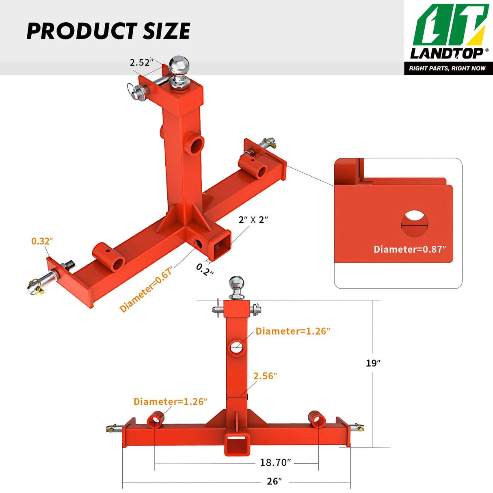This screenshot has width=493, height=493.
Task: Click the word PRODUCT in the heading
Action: [x=82, y=31]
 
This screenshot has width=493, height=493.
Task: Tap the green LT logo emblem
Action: [x=450, y=25]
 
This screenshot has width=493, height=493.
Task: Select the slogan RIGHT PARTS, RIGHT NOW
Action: [x=447, y=68]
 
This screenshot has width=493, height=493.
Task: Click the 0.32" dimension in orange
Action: [x=42, y=241]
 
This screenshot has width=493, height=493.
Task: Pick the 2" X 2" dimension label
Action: [x=253, y=220]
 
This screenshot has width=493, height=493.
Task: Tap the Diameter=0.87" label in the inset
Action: [x=409, y=249]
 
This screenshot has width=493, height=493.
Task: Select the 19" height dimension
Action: [x=373, y=363]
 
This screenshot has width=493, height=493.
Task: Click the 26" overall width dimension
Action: [x=274, y=481]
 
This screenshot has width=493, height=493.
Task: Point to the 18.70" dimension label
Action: [x=275, y=463]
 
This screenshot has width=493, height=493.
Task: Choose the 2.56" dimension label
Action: [x=265, y=376]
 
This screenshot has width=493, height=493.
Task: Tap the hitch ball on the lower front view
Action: [x=237, y=283]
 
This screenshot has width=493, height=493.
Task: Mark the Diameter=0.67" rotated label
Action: [x=146, y=289]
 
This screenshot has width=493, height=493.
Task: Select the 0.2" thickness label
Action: [x=204, y=269]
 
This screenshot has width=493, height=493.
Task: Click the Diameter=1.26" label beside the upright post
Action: [x=292, y=331]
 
